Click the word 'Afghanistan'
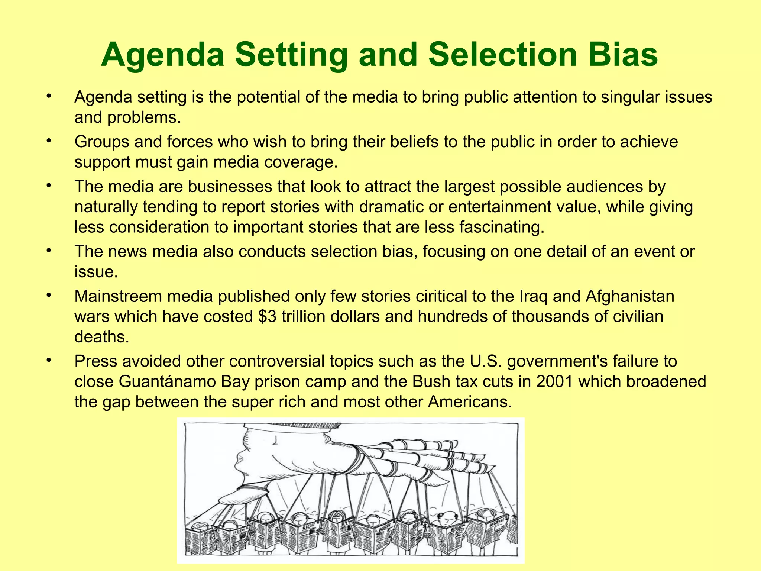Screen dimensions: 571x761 click(x=630, y=297)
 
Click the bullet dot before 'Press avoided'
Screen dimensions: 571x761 click(x=48, y=361)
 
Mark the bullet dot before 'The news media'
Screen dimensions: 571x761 click(x=48, y=251)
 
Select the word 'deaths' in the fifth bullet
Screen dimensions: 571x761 click(x=101, y=337)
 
